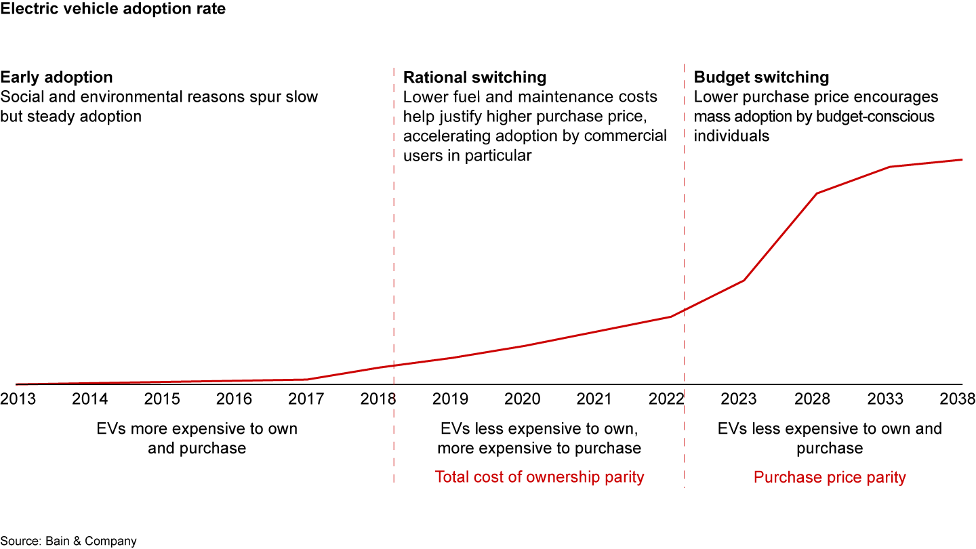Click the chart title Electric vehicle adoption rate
coord(113,9)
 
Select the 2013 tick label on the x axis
coord(18,399)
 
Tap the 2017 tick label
coord(306,399)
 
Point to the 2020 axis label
coord(523,399)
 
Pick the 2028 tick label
coord(812,399)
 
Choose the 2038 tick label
coord(956,399)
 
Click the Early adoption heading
coord(56,77)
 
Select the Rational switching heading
coord(474,77)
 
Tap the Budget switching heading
coord(761,77)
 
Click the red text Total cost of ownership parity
coord(540,477)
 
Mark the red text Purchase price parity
coord(830,477)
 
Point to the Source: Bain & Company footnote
coord(68,541)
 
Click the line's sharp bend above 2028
coord(817,193)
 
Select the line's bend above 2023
coord(744,280)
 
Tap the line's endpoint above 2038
coord(962,160)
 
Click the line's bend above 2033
coord(889,167)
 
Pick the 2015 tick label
coord(162,399)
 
